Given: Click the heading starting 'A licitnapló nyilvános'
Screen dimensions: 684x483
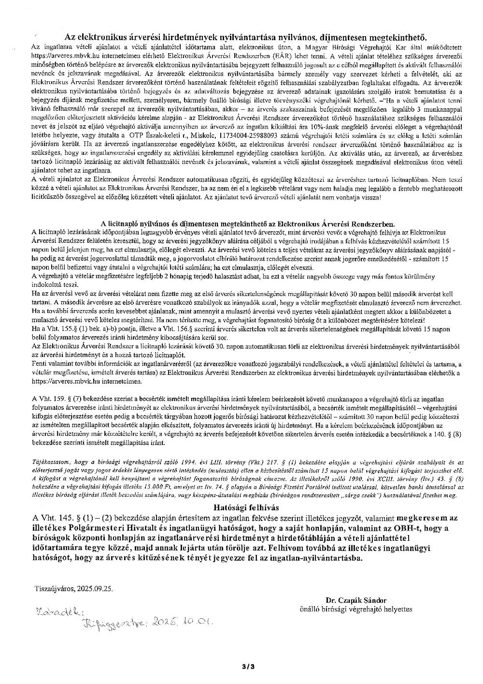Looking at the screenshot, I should point(247,224).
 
